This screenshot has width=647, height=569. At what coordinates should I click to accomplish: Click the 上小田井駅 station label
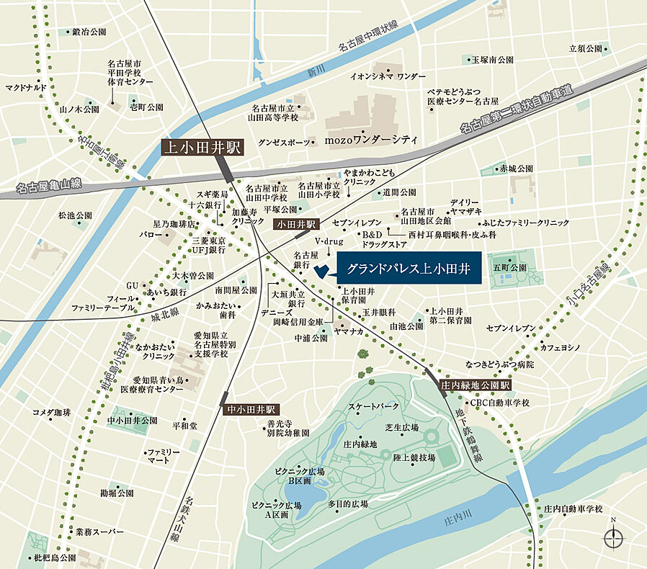click(203, 148)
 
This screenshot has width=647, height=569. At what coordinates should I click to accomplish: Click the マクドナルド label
click(26, 88)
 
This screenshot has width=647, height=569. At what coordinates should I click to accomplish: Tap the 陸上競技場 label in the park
click(414, 457)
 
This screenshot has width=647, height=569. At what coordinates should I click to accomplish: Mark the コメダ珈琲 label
click(51, 413)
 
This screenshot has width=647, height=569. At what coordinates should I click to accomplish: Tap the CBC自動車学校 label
click(499, 403)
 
